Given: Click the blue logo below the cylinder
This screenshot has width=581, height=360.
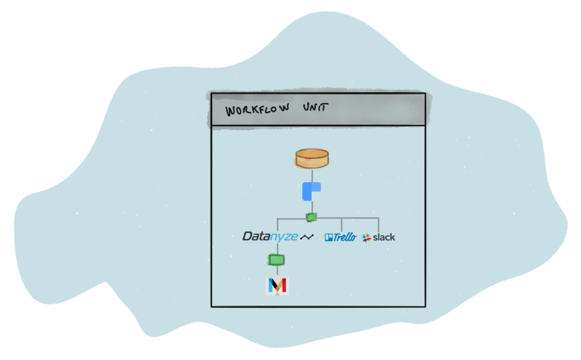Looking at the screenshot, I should (x=311, y=192).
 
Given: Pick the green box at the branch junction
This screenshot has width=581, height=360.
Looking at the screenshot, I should (x=311, y=217).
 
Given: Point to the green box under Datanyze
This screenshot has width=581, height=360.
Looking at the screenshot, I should (x=276, y=259).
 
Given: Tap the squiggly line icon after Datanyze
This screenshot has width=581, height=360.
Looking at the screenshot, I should (x=307, y=237).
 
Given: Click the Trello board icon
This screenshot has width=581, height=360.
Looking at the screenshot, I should (x=328, y=237).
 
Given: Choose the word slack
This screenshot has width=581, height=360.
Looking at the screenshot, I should (x=384, y=237).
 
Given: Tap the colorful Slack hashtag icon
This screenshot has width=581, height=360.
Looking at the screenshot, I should (x=367, y=237).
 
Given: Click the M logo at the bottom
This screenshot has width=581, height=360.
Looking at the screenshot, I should (x=277, y=285).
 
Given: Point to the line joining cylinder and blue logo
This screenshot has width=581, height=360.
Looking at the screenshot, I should (x=312, y=176).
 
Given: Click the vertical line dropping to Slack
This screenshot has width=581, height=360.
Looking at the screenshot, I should (x=378, y=225).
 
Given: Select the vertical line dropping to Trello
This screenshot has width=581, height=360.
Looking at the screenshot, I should (x=342, y=225).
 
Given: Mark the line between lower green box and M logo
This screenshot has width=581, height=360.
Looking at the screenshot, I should (x=277, y=271).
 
